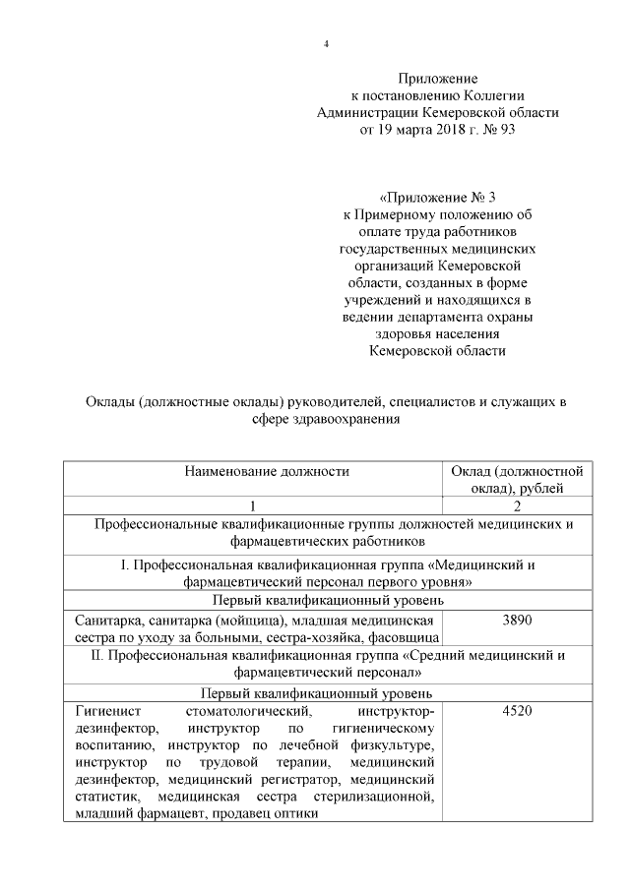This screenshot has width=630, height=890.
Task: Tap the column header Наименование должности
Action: [x=252, y=471]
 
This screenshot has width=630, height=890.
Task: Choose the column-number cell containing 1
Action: [x=252, y=505]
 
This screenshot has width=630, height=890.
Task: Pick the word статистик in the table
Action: [x=103, y=798]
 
